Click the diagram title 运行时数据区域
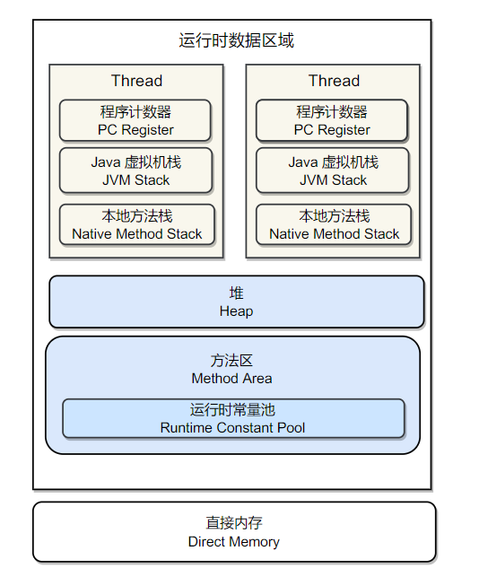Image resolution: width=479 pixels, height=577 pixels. tap(236, 40)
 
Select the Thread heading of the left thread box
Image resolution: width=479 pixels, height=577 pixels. tap(136, 81)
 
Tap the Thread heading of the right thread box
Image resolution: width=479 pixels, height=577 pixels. tap(334, 81)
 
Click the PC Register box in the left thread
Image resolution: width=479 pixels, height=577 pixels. tap(135, 120)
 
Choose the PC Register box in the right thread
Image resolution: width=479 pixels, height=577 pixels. tap(332, 120)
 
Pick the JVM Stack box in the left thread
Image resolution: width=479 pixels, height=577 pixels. tap(135, 170)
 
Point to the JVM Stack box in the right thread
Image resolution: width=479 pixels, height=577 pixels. tap(333, 170)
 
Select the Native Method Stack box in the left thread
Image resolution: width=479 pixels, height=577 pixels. tap(137, 224)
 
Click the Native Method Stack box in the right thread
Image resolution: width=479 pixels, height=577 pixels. tap(334, 224)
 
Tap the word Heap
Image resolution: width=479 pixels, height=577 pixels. tap(236, 311)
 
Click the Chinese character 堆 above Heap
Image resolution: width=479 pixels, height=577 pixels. tap(236, 293)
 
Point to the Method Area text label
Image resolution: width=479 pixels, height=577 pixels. tap(231, 379)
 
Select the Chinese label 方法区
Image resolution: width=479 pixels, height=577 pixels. tap(231, 361)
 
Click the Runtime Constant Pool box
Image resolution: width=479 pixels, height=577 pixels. tap(233, 418)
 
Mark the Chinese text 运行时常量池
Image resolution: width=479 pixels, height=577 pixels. tap(232, 410)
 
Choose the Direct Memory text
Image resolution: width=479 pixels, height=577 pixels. tap(233, 542)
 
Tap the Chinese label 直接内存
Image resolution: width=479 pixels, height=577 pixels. tap(234, 523)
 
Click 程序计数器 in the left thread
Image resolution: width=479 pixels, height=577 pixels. tap(135, 112)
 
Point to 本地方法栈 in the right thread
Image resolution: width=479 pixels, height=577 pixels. tap(334, 216)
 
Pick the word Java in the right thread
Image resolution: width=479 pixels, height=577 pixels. tap(303, 162)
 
